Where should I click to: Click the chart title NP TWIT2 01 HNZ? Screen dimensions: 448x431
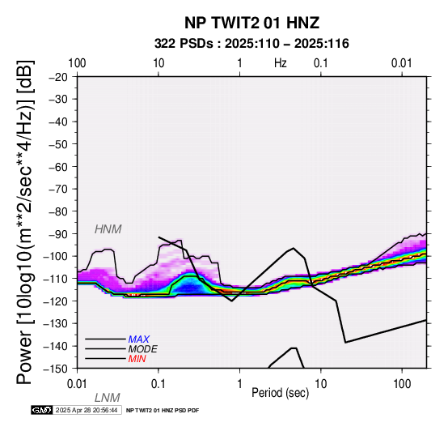click(x=251, y=23)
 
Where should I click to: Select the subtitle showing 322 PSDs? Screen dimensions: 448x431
click(x=251, y=44)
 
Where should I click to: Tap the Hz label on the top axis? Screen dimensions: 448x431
click(x=281, y=63)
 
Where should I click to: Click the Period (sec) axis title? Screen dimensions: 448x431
click(x=281, y=392)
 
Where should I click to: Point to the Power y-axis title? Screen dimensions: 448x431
click(x=25, y=222)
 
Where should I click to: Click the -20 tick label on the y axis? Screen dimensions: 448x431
click(x=58, y=77)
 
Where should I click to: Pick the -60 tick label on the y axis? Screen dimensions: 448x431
click(x=58, y=167)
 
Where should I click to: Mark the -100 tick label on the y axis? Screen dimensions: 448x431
click(x=56, y=256)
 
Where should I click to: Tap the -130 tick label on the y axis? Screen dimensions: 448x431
click(x=56, y=323)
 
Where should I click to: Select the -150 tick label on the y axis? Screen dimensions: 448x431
click(x=56, y=369)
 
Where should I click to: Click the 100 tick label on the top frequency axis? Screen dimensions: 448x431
click(x=77, y=63)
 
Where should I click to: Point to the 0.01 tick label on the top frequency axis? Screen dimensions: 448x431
click(x=402, y=63)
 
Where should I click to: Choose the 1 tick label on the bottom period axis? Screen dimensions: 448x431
click(x=239, y=383)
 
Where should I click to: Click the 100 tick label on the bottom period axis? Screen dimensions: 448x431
click(x=402, y=383)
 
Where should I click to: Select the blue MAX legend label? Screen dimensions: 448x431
click(x=139, y=339)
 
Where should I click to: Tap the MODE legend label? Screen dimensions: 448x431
click(x=143, y=349)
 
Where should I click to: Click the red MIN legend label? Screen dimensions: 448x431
click(x=137, y=359)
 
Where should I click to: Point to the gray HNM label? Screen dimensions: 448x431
click(x=108, y=229)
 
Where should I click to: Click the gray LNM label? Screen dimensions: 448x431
click(x=108, y=398)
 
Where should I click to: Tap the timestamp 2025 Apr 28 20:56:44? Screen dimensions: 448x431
click(x=87, y=410)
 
